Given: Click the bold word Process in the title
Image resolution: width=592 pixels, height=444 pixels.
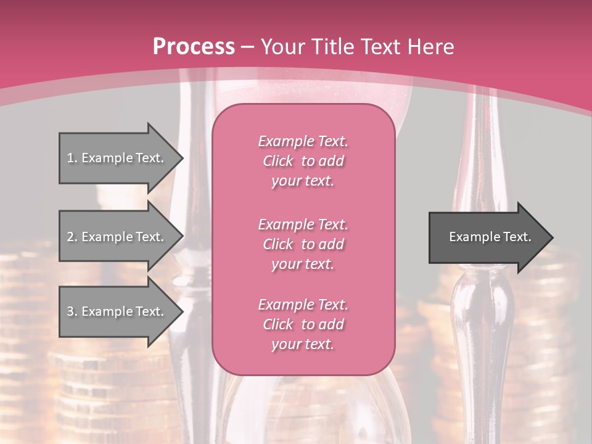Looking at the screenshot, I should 194,47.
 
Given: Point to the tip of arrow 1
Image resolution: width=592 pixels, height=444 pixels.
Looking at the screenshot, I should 182,158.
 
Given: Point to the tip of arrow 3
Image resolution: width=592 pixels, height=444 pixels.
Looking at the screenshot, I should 182,311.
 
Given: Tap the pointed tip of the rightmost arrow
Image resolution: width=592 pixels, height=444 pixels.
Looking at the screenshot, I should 552,237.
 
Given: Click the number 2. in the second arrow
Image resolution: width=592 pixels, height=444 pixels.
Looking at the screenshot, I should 72,237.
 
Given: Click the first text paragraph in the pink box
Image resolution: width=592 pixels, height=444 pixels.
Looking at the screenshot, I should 303,161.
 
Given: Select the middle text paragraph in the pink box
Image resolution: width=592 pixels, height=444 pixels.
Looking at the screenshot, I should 303,244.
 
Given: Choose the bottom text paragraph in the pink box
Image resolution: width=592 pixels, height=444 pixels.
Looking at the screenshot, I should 303,324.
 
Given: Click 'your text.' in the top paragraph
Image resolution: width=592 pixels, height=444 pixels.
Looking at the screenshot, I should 303,181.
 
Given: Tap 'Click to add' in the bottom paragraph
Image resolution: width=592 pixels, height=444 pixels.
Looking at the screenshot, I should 303,324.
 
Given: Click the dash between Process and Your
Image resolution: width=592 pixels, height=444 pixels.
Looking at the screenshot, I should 248,47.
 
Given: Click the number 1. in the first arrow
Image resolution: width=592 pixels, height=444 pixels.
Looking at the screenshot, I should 72,158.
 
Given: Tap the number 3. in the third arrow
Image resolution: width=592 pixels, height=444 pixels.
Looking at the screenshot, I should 72,311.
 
